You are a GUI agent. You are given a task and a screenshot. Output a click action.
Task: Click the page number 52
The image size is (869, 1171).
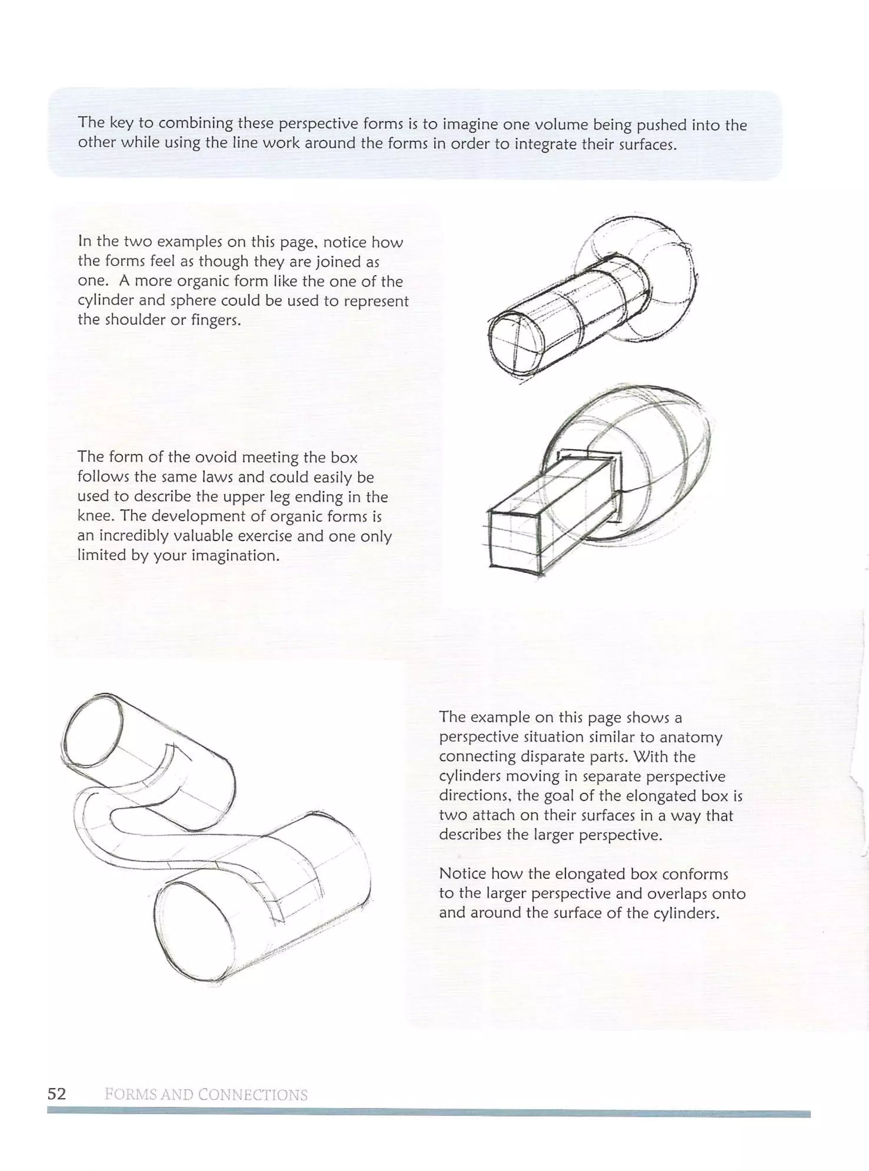click(57, 1094)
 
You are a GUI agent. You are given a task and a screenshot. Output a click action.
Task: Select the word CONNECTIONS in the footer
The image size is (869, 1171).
click(253, 1095)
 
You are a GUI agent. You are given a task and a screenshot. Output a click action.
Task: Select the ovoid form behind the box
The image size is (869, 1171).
click(668, 452)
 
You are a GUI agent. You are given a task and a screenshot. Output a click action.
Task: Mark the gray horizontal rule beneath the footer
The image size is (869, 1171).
click(428, 1113)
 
